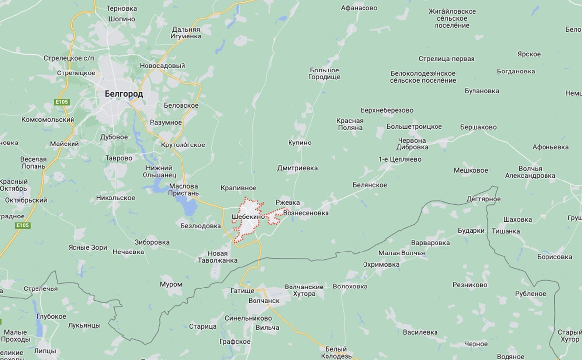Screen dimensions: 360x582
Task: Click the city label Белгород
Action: pos(124,94)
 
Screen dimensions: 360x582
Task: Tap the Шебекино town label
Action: pos(248,216)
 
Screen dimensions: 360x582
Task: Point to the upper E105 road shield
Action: pos(62,102)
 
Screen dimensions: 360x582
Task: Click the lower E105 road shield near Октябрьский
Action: pos(23,225)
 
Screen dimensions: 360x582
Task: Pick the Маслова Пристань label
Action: pos(183,190)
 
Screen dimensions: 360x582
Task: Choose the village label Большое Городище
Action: pos(324,73)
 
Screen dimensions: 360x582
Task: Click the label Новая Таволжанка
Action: pos(218,257)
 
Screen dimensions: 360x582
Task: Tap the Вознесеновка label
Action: pos(306,213)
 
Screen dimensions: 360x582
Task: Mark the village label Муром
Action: pos(171,284)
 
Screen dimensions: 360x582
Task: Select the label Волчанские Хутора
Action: pos(304,290)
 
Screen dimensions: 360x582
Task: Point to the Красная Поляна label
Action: pos(350,124)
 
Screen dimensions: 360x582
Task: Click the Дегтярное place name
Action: pos(483,199)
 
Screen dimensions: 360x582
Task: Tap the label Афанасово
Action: pos(359,8)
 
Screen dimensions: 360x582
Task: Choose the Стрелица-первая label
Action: pos(446,59)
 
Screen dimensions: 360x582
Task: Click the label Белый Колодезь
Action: pos(336,352)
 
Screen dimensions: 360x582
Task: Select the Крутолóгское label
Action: pos(183,145)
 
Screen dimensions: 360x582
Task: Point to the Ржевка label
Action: pos(288,203)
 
